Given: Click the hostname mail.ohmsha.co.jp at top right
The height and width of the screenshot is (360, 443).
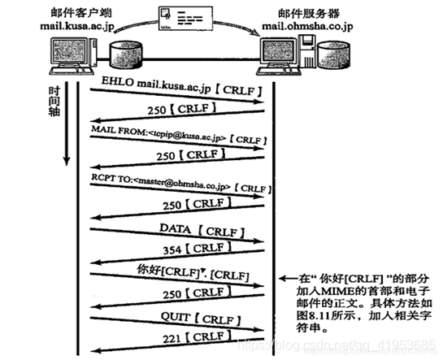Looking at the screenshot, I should [303, 24].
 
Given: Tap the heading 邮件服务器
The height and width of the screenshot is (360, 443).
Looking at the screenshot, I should [302, 11].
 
